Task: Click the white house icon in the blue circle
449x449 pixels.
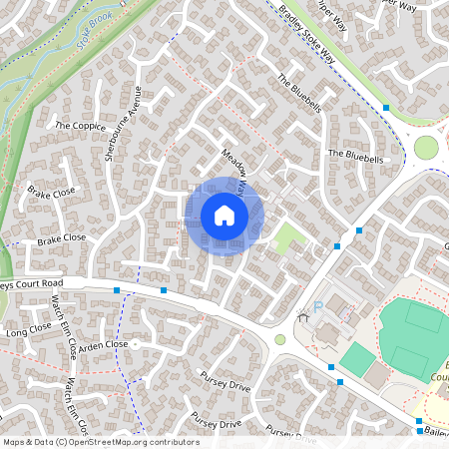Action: coord(224,215)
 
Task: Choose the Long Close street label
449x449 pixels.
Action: coord(28,329)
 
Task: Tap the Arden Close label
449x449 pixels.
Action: coord(104,345)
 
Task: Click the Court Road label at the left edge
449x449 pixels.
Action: coord(32,283)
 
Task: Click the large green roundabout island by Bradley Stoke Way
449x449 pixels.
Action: coord(426,148)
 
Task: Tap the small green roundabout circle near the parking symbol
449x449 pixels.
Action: coord(280,339)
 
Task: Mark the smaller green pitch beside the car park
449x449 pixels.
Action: coord(356,358)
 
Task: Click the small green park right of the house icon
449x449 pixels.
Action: coord(289,237)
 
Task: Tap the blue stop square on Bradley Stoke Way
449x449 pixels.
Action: coord(386,107)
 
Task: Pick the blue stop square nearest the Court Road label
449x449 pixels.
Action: coord(118,290)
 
